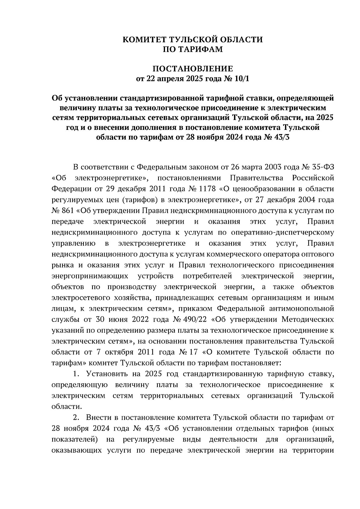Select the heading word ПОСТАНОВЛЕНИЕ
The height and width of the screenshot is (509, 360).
click(x=193, y=69)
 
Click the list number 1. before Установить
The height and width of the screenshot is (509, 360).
click(x=76, y=374)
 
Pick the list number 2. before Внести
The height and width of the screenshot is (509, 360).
click(x=76, y=418)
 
